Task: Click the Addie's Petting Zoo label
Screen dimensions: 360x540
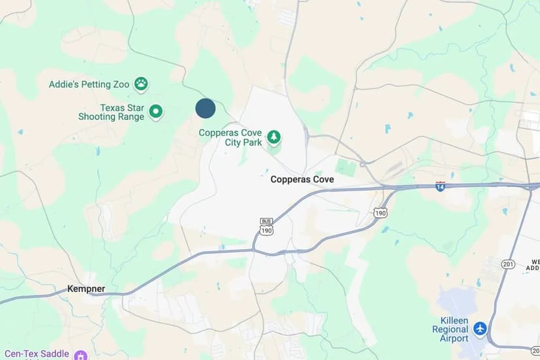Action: pos(89,84)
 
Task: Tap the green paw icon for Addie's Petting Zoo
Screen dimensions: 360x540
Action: pos(141,83)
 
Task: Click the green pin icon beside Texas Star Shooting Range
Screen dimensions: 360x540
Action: pos(155,112)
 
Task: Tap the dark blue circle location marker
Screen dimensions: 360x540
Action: pos(205,109)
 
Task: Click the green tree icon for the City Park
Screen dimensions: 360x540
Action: pos(275,136)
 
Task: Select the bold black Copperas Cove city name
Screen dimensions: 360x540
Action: pos(302,179)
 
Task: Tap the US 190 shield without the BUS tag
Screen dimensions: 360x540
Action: pos(380,213)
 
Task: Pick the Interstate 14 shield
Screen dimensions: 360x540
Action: pos(440,186)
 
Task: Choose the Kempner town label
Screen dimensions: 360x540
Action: pos(86,288)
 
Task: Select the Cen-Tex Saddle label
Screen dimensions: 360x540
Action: pos(35,353)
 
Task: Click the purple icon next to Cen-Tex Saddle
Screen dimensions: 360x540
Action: pos(81,355)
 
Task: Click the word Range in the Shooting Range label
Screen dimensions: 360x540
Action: pos(130,117)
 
